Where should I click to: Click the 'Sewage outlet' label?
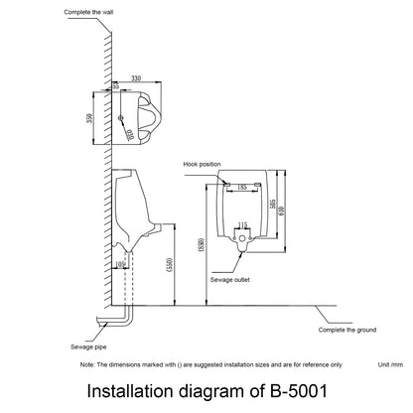pos(231,281)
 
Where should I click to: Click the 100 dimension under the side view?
pos(122,265)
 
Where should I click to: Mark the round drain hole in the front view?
pos(242,239)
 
